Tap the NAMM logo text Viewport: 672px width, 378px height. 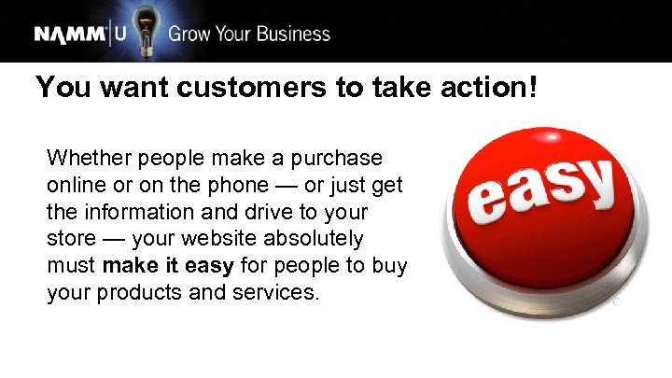pos(71,35)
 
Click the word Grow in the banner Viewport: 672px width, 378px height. pos(189,35)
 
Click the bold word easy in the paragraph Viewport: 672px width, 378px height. pos(209,266)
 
